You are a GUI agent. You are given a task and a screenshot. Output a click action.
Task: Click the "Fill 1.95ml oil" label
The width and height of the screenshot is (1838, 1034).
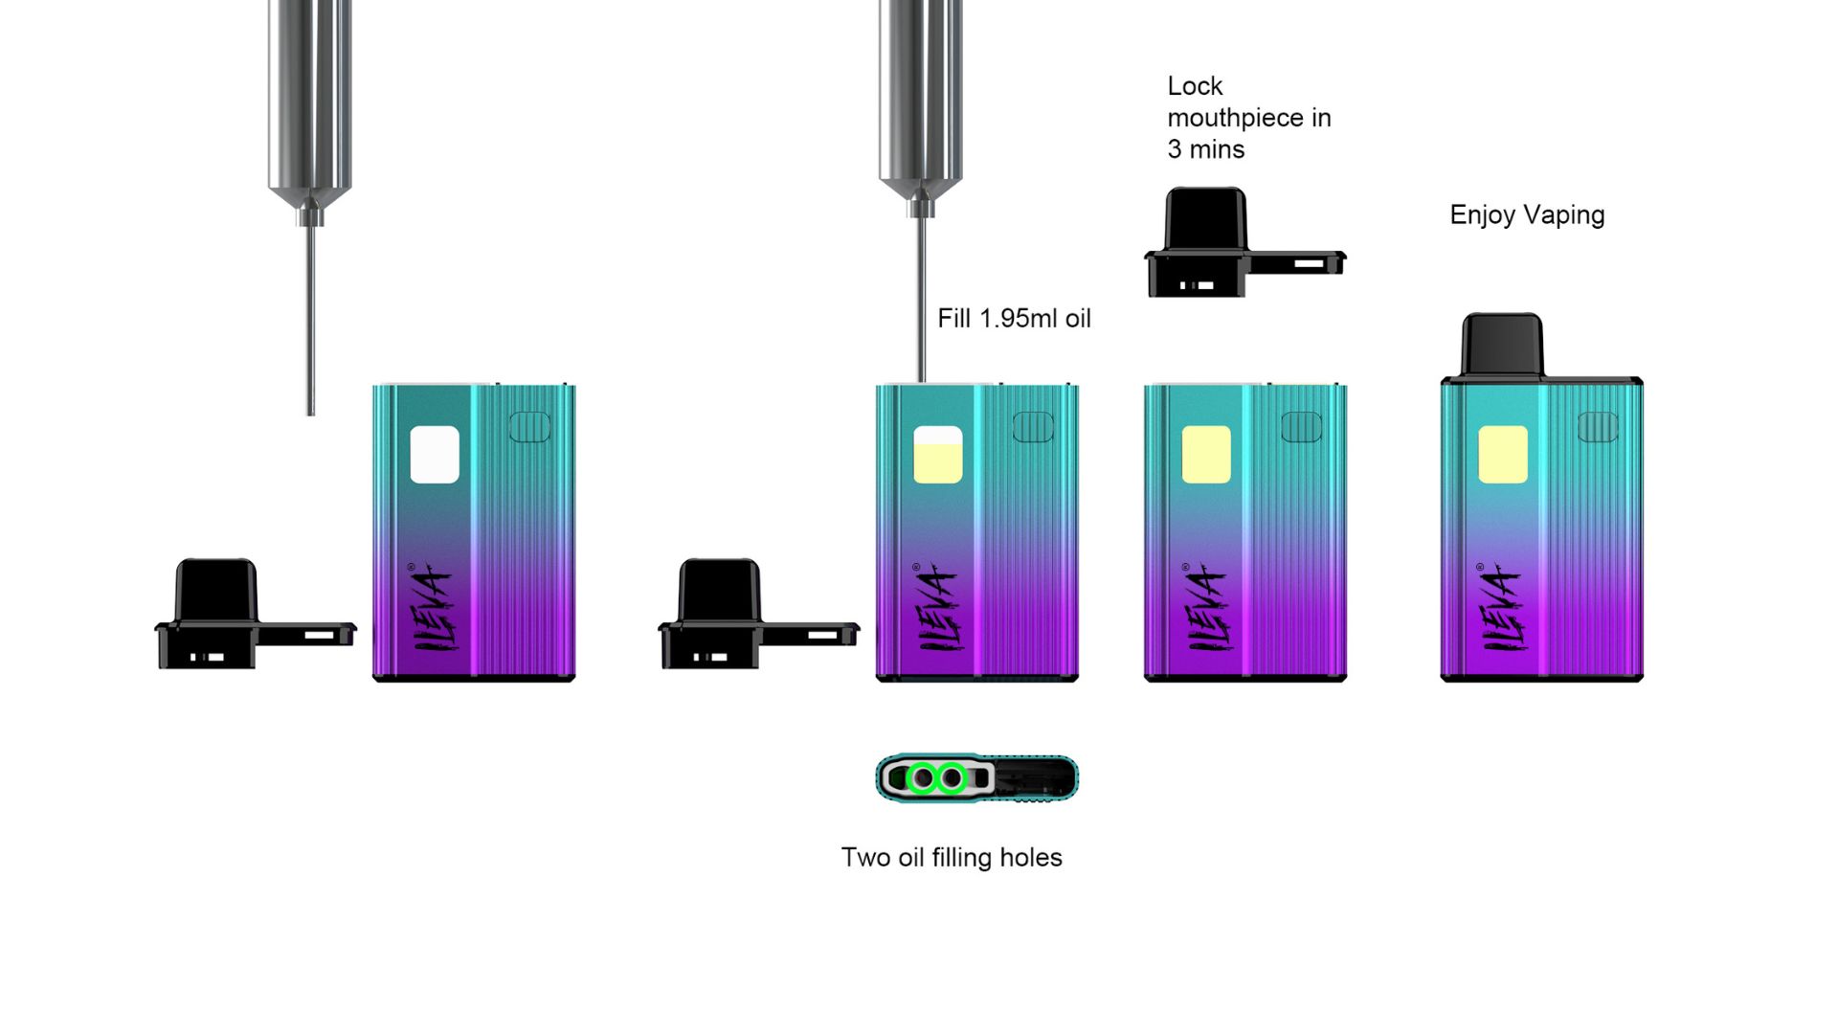click(1014, 319)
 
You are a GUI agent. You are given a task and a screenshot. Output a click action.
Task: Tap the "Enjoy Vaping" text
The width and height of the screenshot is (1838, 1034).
click(1527, 215)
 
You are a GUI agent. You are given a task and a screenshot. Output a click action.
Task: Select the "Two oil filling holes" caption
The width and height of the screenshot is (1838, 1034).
click(952, 857)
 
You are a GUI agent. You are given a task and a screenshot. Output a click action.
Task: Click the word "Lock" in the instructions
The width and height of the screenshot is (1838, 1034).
click(1195, 86)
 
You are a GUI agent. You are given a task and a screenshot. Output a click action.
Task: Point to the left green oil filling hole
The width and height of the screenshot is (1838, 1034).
click(923, 778)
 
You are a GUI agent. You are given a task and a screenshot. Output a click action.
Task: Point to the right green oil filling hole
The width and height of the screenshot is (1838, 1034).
click(952, 778)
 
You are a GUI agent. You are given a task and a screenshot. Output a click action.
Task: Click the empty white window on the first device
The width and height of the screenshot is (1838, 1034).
click(435, 455)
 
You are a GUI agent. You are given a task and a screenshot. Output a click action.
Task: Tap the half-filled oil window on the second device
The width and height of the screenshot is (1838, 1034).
click(938, 455)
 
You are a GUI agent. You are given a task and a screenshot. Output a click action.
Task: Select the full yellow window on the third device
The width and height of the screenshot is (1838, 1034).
click(1206, 455)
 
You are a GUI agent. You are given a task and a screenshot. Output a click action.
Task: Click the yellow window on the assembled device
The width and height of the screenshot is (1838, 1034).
click(1503, 455)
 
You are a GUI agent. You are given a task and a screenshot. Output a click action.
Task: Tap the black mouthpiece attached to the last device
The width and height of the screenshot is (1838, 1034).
click(1503, 346)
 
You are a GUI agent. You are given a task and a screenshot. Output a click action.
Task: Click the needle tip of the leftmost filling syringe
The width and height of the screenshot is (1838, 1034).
click(310, 414)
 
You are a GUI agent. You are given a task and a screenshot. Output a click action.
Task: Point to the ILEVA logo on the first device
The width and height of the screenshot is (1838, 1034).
click(433, 607)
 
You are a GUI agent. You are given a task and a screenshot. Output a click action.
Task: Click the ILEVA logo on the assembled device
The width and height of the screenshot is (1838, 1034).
click(1501, 607)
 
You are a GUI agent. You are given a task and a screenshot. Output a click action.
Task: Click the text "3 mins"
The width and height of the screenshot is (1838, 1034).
click(1206, 149)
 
